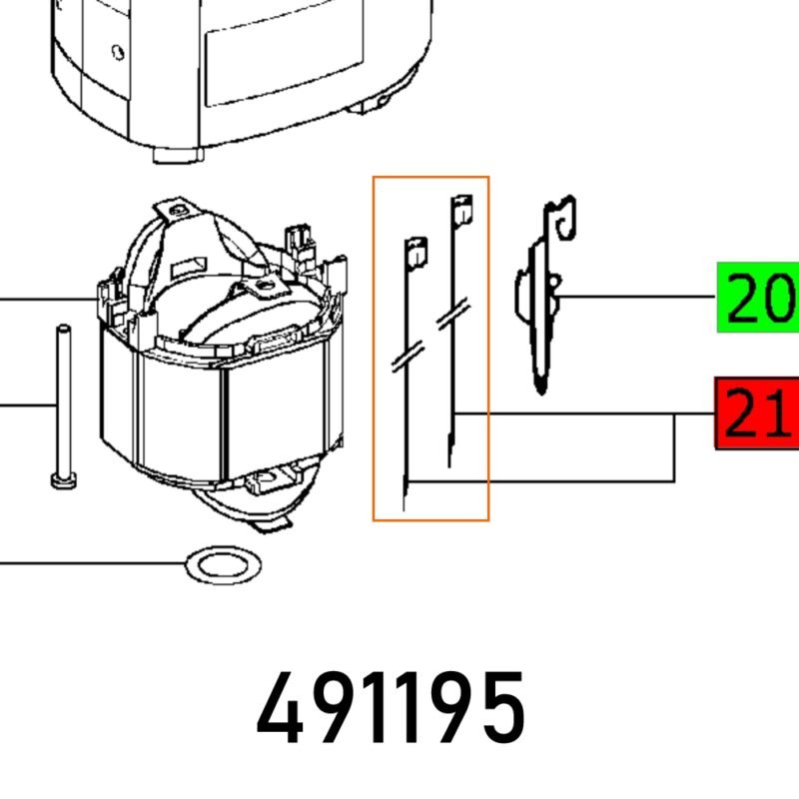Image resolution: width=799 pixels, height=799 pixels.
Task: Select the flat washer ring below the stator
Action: (226, 566)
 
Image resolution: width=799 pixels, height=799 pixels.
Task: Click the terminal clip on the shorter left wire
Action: (414, 251)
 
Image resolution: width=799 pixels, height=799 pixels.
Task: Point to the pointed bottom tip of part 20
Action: (540, 388)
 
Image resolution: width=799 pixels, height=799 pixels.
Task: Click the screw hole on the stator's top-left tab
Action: (178, 210)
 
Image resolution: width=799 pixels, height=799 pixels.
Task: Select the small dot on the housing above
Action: (118, 50)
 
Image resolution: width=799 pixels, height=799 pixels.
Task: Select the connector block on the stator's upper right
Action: (301, 240)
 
